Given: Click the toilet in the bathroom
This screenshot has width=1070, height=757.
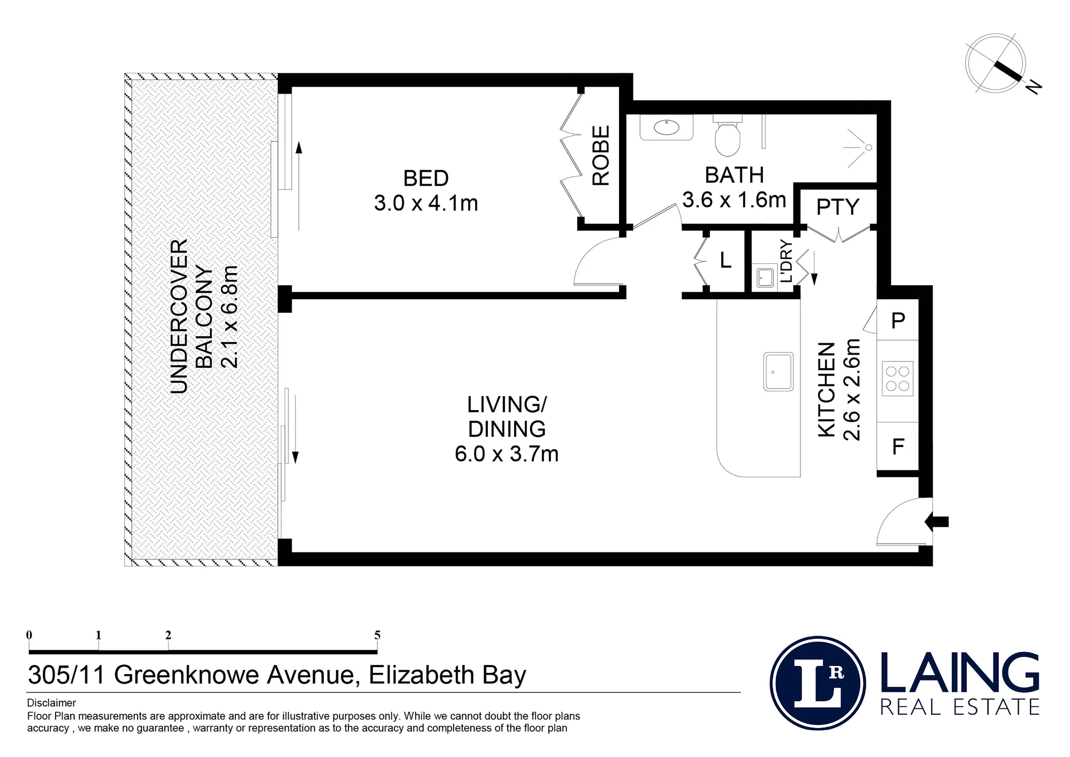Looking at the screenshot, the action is click(x=728, y=138).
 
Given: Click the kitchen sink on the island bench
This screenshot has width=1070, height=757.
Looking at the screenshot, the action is click(x=778, y=371).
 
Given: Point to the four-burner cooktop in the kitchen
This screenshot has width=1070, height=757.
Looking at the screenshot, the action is click(x=897, y=378).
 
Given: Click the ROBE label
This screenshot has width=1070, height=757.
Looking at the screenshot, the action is click(x=601, y=155).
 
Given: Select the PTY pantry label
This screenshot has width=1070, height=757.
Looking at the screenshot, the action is click(x=837, y=207).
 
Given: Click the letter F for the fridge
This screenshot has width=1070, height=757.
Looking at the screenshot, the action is click(x=898, y=446).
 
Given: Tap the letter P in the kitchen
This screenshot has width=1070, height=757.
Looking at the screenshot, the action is click(x=898, y=320).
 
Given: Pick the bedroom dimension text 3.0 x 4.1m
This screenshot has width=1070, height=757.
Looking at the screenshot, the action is click(x=426, y=203).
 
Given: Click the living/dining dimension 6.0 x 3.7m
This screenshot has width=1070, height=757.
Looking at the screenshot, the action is click(x=507, y=454).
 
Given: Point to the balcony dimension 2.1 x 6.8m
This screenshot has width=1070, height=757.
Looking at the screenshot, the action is click(x=230, y=316).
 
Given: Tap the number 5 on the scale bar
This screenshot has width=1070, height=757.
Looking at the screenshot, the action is click(x=377, y=635).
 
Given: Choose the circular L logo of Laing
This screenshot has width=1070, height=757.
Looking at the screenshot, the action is click(x=818, y=683).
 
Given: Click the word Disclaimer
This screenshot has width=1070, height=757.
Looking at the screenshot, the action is click(x=51, y=703).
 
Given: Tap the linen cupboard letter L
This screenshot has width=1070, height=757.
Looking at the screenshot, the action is click(x=725, y=260).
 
